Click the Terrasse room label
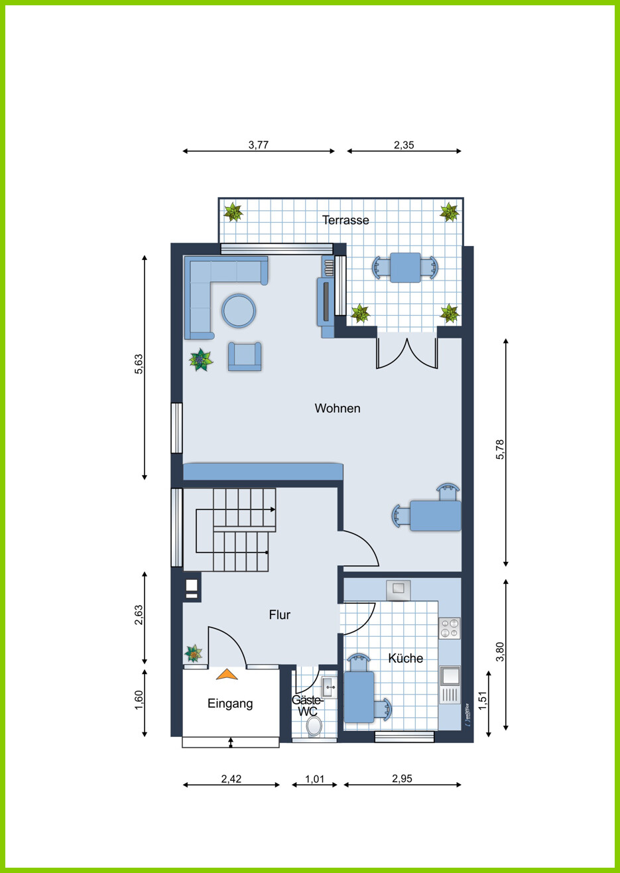pos(345,220)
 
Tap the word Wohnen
pos(338,408)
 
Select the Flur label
pos(279,614)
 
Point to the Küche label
pos(405,658)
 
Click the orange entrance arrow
pos(227,674)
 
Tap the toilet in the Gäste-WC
pos(314,726)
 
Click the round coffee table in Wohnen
pos(239,311)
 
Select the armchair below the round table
pos(245,356)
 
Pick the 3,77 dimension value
pos(259,145)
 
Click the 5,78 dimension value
pos(500,449)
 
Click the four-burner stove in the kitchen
pos(450,628)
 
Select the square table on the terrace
pos(405,267)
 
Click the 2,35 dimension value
pos(404,145)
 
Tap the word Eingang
pos(230,703)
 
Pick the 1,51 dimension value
pos(483,701)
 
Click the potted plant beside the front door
pos(193,653)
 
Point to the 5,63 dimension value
pos(139,364)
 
